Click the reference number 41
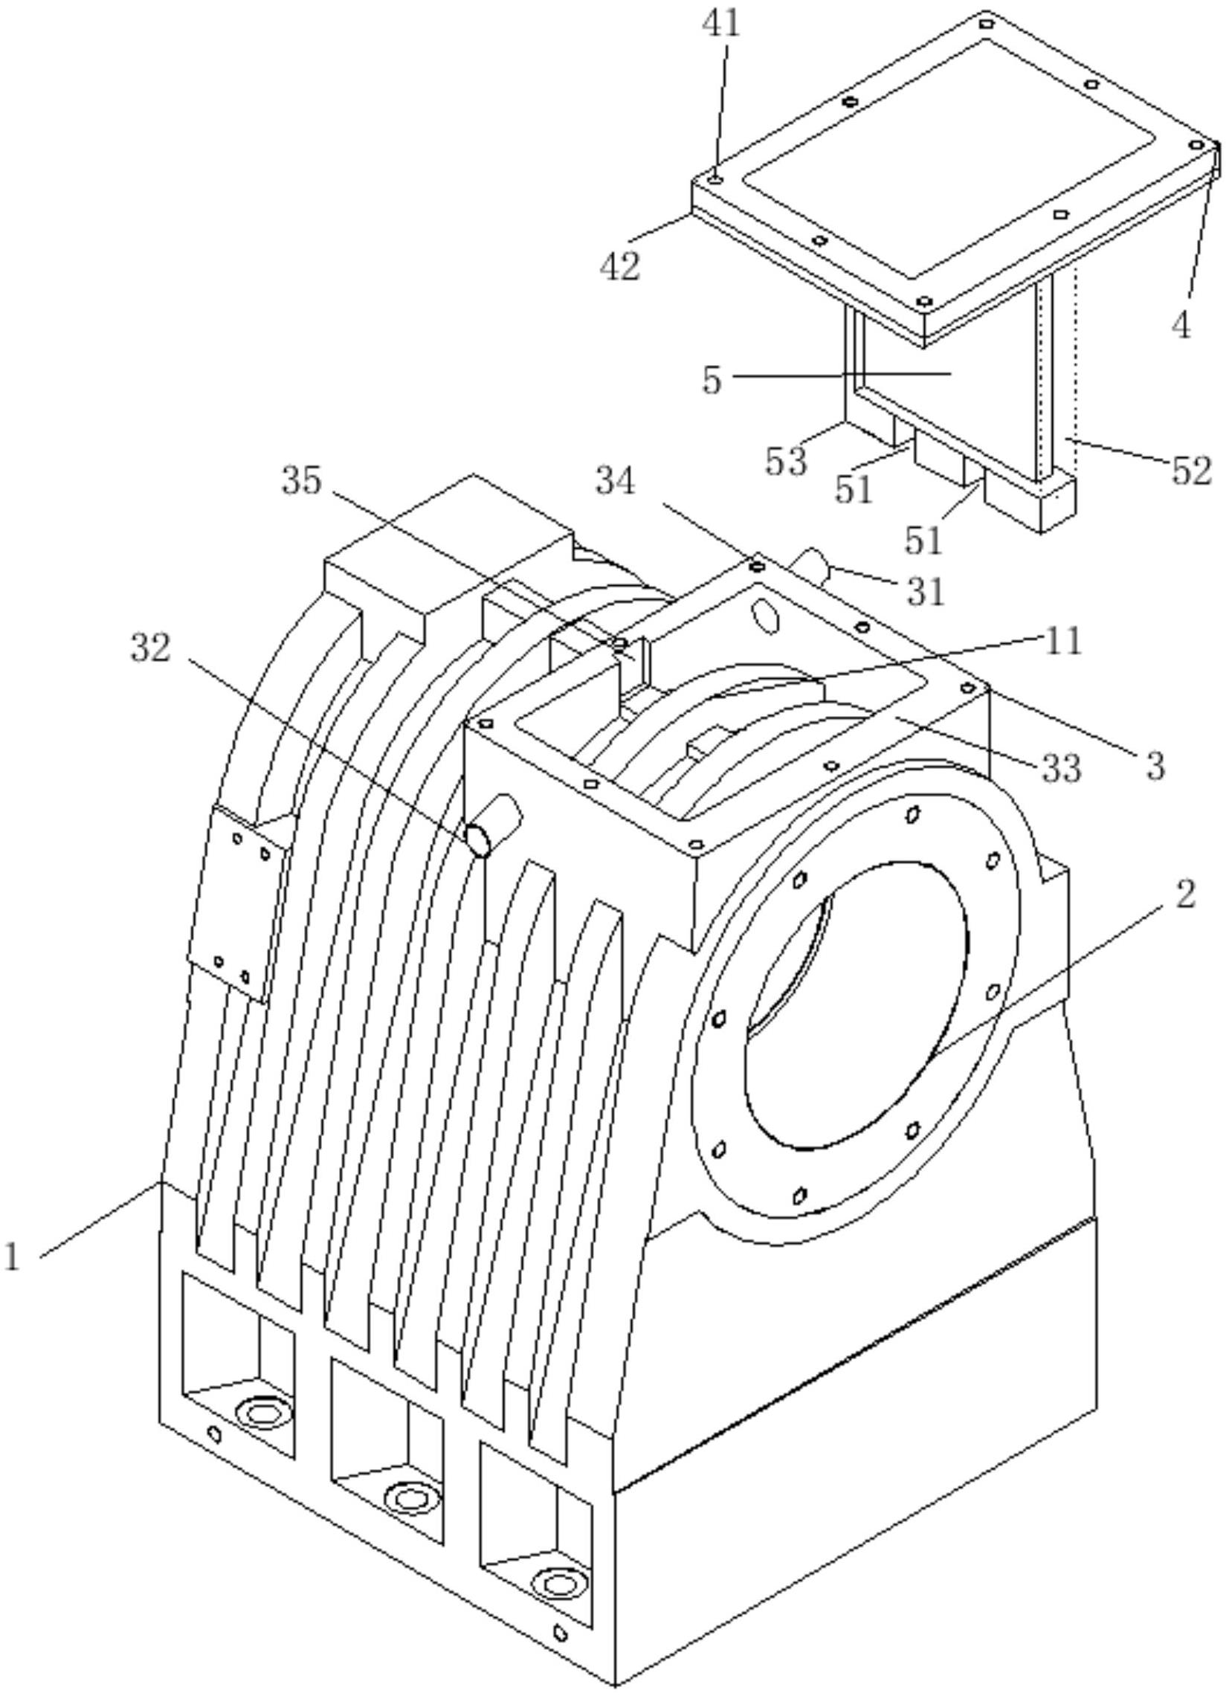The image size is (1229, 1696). click(721, 24)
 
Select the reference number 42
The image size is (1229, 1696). click(621, 265)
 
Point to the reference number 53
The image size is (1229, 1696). click(787, 462)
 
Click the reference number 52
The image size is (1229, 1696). click(1191, 471)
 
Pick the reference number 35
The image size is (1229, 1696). click(301, 482)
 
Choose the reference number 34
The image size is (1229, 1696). click(616, 483)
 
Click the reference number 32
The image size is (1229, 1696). click(151, 648)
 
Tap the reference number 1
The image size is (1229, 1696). click(12, 1257)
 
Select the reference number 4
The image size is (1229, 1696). click(1181, 326)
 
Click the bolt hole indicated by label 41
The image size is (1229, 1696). click(716, 179)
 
